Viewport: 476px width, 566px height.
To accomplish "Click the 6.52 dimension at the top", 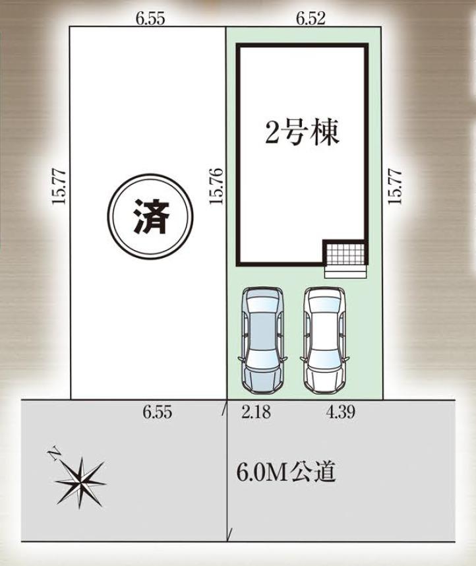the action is [311, 18].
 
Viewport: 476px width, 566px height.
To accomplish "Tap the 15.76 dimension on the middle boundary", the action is [217, 186].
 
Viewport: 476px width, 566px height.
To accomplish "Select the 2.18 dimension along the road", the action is [256, 412].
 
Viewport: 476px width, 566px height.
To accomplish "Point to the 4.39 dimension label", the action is [340, 412].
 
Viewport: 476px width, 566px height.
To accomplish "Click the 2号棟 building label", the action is [303, 133].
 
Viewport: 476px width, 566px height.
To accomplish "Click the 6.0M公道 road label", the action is [286, 472].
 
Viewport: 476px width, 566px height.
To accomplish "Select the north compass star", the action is [80, 482].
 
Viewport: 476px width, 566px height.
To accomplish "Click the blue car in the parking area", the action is [262, 340].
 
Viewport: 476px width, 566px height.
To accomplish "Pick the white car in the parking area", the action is [324, 340].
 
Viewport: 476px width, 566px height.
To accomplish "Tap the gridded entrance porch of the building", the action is [345, 254].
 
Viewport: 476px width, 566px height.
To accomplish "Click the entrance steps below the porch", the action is [345, 272].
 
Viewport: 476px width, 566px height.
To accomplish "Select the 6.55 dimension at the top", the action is [150, 18].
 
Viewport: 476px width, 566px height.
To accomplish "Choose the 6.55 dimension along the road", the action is [157, 412].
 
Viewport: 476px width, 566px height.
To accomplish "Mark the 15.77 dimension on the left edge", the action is [59, 187].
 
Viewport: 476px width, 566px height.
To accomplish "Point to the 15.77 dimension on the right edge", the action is [395, 187].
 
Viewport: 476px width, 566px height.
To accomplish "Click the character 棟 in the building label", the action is [326, 133].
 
